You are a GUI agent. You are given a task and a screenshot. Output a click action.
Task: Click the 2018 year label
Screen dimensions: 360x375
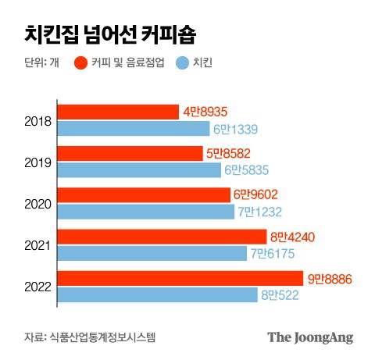tap(38, 121)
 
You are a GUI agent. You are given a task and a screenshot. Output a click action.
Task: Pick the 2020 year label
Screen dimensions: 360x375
tap(38, 203)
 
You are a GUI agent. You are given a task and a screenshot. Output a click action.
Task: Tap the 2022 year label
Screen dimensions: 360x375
tap(38, 286)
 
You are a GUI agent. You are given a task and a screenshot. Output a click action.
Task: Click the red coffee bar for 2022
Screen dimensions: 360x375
tap(180, 278)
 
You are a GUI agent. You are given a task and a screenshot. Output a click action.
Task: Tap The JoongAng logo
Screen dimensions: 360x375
tap(310, 337)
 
